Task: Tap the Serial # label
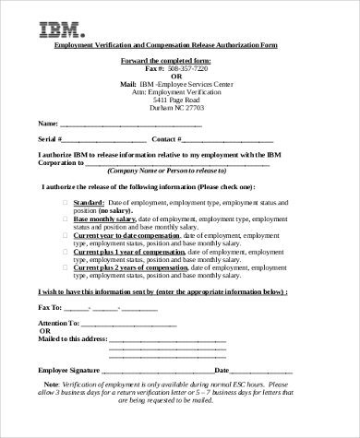coord(49,139)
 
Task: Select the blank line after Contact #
coord(227,139)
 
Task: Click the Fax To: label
coord(50,306)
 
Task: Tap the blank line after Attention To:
coord(128,324)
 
